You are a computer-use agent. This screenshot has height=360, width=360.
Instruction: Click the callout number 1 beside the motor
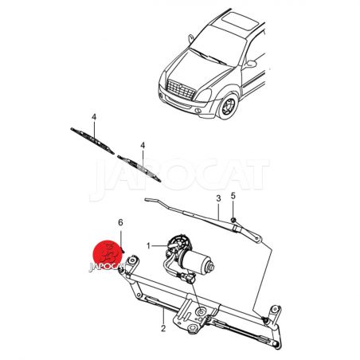point(149,246)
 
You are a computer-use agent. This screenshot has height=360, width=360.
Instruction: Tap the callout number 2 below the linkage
point(163,328)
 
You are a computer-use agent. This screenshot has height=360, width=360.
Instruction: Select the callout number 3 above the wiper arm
point(218,198)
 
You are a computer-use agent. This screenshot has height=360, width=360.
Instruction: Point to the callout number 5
point(233,196)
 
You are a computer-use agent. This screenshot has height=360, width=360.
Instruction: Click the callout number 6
point(120,222)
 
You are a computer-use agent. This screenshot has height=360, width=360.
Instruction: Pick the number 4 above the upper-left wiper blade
point(94,117)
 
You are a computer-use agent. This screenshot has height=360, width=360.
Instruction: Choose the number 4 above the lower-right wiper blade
point(143,145)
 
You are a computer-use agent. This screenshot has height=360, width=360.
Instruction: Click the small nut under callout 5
point(233,220)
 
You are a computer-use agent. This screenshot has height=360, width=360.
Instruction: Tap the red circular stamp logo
point(108,255)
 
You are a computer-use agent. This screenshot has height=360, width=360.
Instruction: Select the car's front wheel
point(228,106)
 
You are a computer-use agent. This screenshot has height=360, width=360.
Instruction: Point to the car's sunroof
point(240,21)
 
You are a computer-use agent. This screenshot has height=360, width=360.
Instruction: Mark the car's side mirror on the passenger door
point(250,64)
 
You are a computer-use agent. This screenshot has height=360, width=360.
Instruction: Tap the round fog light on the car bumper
point(198,111)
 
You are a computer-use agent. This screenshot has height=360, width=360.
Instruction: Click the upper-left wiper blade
point(92,141)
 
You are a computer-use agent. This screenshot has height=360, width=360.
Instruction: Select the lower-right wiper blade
point(139,169)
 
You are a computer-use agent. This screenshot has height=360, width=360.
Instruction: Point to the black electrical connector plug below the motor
point(190,279)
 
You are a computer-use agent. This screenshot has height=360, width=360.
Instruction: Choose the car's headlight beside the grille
point(205,96)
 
